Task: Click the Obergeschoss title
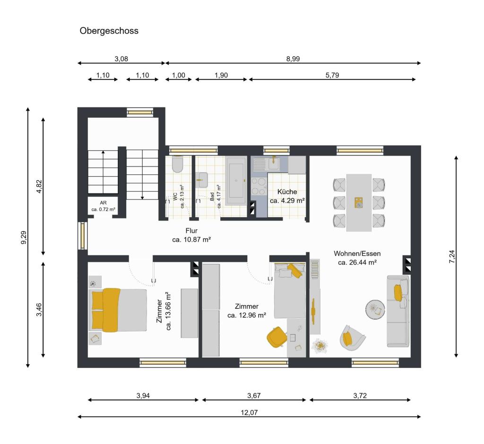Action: point(109,31)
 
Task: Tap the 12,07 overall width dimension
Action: point(249,412)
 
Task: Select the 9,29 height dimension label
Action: point(24,237)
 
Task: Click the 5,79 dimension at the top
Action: point(332,75)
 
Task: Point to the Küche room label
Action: point(287,192)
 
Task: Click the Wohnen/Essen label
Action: point(357,253)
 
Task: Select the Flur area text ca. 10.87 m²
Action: point(191,240)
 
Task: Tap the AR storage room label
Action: point(103,202)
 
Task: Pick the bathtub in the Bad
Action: point(236,181)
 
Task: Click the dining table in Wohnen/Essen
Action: point(359,202)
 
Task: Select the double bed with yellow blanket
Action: point(118,310)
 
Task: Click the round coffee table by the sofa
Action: point(376,310)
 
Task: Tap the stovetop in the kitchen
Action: point(259,186)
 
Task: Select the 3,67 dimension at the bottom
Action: point(254,396)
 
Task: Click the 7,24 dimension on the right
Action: point(452,257)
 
